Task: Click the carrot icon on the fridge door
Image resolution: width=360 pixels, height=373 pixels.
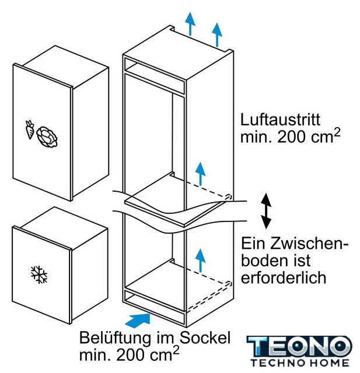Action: tap(30, 129)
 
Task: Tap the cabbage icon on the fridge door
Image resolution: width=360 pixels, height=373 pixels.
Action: tap(47, 137)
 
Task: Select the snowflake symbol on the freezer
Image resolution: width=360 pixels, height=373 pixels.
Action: tap(39, 275)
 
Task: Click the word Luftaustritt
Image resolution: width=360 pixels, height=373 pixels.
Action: tap(280, 119)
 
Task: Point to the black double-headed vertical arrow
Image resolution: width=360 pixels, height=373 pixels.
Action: tap(266, 211)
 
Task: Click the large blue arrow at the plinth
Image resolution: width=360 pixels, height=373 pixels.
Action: tap(138, 319)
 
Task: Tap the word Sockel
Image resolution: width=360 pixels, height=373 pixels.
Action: tap(205, 337)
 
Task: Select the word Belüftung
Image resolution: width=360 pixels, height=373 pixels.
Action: tap(115, 338)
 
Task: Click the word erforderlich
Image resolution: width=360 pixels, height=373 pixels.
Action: tap(284, 277)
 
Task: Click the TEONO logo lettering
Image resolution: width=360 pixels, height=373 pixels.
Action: tap(299, 346)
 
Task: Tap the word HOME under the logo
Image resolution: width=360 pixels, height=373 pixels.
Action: tap(328, 363)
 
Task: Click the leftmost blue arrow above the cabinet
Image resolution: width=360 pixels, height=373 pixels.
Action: tap(190, 24)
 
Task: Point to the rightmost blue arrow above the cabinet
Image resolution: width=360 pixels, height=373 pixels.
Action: tap(217, 35)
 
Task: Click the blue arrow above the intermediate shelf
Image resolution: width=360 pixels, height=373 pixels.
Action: tap(201, 174)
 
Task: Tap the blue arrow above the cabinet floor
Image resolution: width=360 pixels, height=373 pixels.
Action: tap(201, 261)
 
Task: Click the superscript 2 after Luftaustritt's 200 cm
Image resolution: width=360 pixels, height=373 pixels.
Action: tap(337, 132)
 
